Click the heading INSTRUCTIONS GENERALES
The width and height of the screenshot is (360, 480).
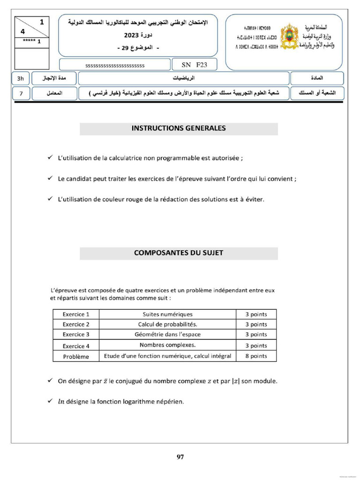pyautogui.click(x=179, y=128)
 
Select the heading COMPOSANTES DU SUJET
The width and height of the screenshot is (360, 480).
pyautogui.click(x=179, y=253)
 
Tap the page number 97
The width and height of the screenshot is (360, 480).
pyautogui.click(x=180, y=457)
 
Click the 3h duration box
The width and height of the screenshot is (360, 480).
pyautogui.click(x=21, y=78)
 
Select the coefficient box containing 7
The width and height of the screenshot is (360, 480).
pyautogui.click(x=21, y=93)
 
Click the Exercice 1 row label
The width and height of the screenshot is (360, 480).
pyautogui.click(x=76, y=314)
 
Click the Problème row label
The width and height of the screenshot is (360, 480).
pyautogui.click(x=76, y=356)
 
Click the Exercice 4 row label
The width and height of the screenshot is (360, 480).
pyautogui.click(x=76, y=346)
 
